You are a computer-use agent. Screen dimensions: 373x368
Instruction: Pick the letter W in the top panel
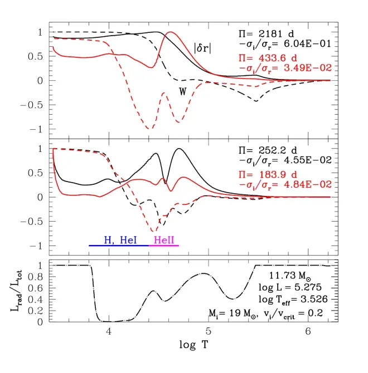tap(182, 91)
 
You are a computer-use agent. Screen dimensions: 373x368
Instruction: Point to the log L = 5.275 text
tap(290, 287)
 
